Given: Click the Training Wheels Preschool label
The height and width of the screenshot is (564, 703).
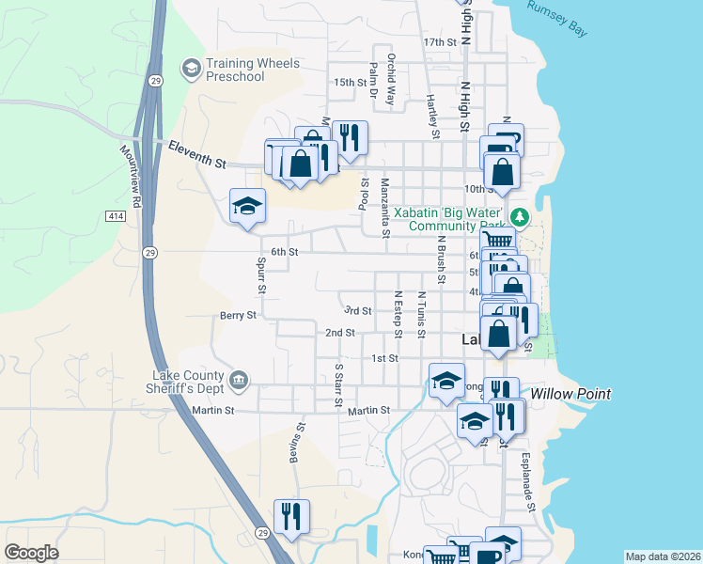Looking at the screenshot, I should [x=251, y=70].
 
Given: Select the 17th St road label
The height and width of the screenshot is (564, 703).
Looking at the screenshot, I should [x=439, y=43].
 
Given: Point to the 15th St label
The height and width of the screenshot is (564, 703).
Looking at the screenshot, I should [x=350, y=83].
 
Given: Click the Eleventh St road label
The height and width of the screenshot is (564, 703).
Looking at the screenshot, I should [x=197, y=154].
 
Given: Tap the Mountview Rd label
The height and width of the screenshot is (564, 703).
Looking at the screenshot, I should [x=131, y=175].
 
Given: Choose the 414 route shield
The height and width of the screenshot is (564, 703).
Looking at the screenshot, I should [x=115, y=217].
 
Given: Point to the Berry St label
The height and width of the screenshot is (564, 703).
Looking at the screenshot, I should [x=238, y=316].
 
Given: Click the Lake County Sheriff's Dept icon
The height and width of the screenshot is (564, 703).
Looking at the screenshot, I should [x=240, y=380].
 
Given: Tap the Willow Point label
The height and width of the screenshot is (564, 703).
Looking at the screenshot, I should [x=570, y=394].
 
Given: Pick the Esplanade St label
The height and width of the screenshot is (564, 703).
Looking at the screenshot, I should [x=530, y=489].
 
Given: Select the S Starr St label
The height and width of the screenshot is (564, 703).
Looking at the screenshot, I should [x=338, y=385].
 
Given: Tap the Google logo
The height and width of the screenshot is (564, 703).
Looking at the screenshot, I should [x=33, y=553].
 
